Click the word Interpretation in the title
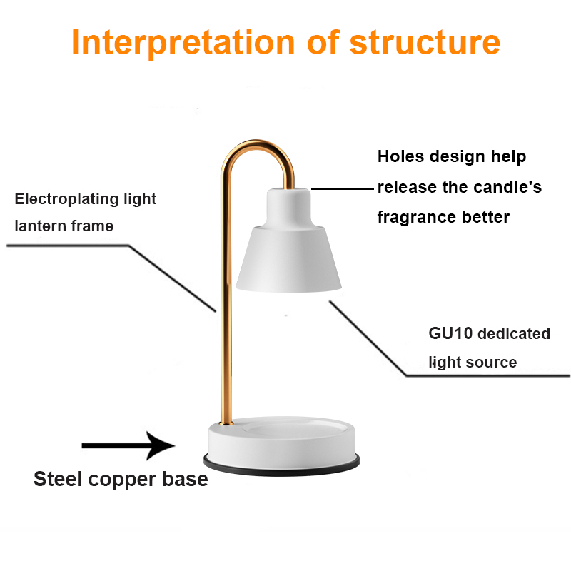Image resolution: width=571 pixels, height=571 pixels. [x=183, y=43]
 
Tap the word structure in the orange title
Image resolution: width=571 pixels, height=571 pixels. [x=425, y=42]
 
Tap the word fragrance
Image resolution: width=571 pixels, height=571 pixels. [x=417, y=218]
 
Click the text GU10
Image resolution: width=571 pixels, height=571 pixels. [x=450, y=333]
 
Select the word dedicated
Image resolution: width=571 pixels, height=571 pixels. [x=514, y=333]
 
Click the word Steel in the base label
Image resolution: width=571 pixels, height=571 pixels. [x=58, y=478]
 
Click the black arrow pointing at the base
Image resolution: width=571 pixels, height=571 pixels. [x=128, y=445]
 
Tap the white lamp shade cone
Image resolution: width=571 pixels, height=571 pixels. [x=288, y=259]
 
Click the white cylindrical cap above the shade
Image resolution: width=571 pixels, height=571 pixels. [x=289, y=208]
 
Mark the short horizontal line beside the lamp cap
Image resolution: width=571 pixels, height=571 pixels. [x=343, y=188]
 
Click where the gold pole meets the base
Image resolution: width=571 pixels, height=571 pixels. [x=226, y=423]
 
